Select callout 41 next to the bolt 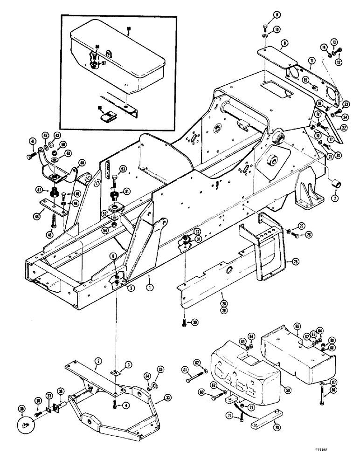click(32, 142)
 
